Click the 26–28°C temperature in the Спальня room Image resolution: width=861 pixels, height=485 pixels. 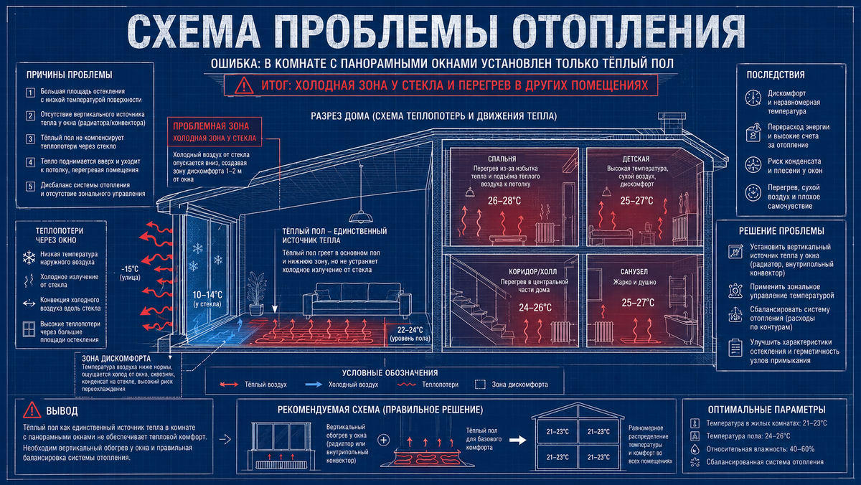coord(504,201)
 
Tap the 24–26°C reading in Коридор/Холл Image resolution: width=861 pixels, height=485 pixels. coord(535,308)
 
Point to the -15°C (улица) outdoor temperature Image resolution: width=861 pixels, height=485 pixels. coord(130,273)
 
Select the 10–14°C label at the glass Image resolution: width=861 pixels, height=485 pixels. coord(207,298)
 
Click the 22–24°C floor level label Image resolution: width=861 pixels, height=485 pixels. coord(410,334)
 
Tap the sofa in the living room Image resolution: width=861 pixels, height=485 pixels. coord(357,300)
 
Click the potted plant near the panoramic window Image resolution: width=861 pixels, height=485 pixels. coord(256,293)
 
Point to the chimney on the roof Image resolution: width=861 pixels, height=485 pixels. coord(672,123)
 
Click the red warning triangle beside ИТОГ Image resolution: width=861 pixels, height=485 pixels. coord(244,85)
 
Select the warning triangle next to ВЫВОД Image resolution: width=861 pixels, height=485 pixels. coord(32,410)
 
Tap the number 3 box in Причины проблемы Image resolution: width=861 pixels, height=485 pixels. coord(30,139)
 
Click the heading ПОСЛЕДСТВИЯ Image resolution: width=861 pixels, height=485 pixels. coord(776,75)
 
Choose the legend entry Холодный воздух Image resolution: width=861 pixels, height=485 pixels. coord(342,385)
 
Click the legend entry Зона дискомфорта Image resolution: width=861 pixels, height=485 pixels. coord(512,385)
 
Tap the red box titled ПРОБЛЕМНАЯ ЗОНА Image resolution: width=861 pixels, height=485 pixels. coord(215,131)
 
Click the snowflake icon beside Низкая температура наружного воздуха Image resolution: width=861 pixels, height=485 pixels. coord(29,258)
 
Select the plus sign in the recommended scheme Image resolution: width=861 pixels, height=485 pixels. coord(383,440)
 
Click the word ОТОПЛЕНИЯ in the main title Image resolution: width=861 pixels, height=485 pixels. coord(629,31)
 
